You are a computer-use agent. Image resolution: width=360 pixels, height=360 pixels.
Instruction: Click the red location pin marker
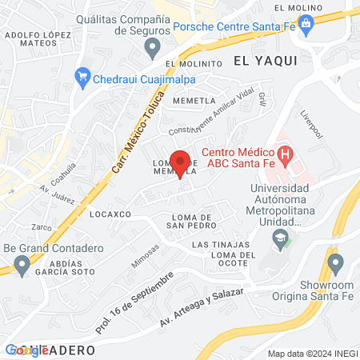pyautogui.click(x=181, y=163)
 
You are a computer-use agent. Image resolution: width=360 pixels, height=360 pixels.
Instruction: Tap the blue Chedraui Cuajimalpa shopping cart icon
pyautogui.click(x=81, y=77)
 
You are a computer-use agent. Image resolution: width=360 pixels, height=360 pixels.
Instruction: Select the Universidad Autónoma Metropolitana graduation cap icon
pyautogui.click(x=280, y=238)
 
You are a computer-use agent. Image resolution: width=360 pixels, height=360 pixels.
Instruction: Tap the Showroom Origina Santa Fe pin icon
pyautogui.click(x=335, y=262)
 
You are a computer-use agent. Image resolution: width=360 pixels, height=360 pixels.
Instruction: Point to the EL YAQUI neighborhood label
pyautogui.click(x=266, y=60)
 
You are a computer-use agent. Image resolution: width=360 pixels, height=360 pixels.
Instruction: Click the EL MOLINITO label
pyautogui.click(x=193, y=63)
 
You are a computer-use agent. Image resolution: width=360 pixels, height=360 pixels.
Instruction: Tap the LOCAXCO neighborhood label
pyautogui.click(x=110, y=214)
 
